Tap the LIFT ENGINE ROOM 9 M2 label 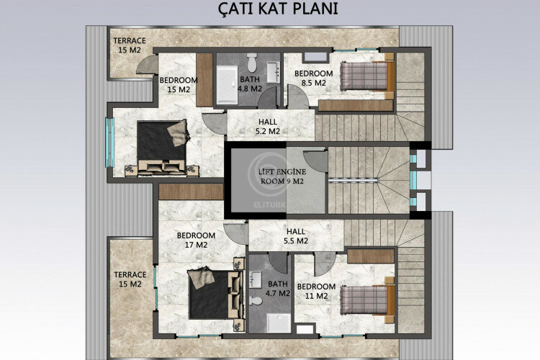[x=282, y=176]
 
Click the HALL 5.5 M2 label [x=295, y=235]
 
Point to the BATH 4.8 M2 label [x=250, y=85]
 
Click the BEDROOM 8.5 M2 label [x=314, y=78]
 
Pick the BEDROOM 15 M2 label [x=177, y=85]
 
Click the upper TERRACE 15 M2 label [x=129, y=45]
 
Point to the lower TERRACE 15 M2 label [x=130, y=279]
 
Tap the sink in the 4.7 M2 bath [x=257, y=279]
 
